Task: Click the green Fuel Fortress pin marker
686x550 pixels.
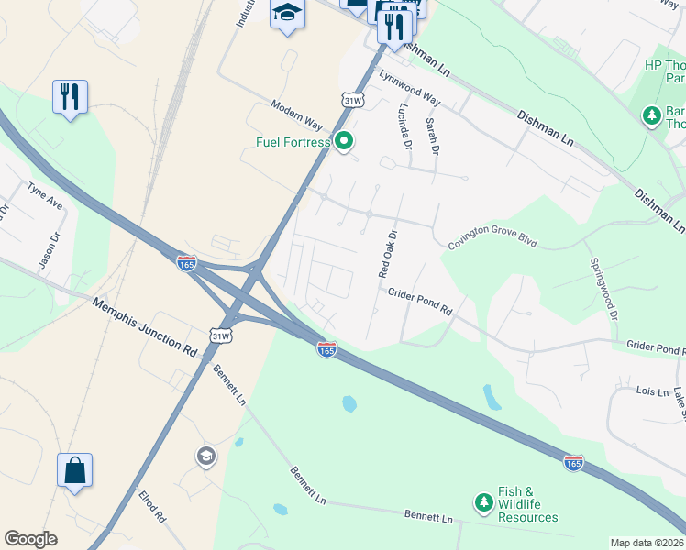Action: pyautogui.click(x=344, y=141)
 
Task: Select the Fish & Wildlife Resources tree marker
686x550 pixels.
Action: pyautogui.click(x=483, y=502)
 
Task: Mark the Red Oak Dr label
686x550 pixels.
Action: pyautogui.click(x=387, y=253)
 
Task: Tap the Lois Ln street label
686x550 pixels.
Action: pyautogui.click(x=653, y=391)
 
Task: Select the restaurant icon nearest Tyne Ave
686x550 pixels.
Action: pyautogui.click(x=70, y=95)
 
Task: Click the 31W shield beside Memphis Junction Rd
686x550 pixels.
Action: pyautogui.click(x=220, y=336)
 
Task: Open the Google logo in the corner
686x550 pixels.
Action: pyautogui.click(x=30, y=539)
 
